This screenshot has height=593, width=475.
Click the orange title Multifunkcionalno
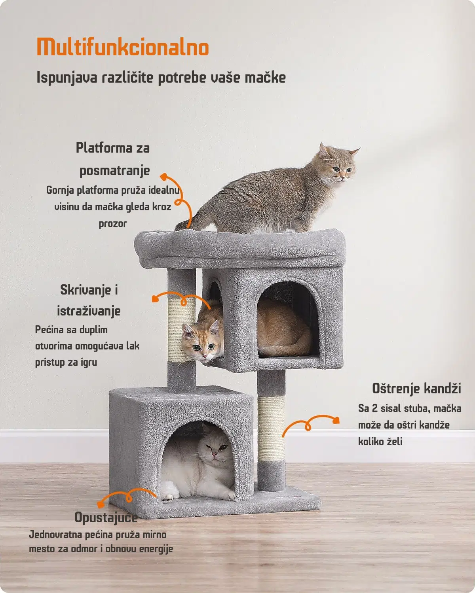[123, 47]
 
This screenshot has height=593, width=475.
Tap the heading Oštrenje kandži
[416, 388]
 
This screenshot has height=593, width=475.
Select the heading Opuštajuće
[106, 517]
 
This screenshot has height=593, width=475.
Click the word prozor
[112, 223]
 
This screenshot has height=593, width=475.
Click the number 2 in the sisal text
[374, 408]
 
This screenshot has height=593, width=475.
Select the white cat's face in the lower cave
[217, 449]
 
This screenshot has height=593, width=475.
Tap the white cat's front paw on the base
[169, 494]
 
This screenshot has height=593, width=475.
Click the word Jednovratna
[55, 535]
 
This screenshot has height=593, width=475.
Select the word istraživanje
[89, 311]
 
